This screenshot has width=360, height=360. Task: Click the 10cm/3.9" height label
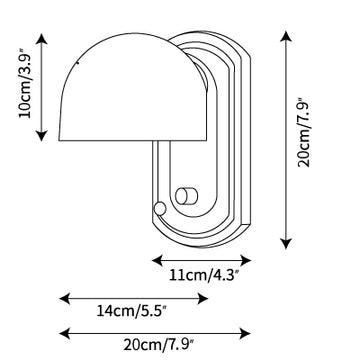pos(25,84)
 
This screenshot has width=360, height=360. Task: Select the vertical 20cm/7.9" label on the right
pos(304,132)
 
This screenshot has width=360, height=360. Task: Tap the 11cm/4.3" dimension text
pos(205,276)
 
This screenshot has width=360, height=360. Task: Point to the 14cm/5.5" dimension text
pos(131,311)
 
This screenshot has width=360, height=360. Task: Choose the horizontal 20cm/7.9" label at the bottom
pos(159,345)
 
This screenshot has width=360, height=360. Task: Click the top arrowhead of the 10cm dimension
pos(41,38)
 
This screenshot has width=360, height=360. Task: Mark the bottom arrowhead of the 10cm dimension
pos(41,136)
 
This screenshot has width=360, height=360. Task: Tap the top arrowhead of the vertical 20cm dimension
pos(286,36)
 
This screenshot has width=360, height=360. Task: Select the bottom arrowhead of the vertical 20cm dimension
pos(286,244)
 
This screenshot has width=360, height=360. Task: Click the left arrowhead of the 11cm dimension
pos(157,260)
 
